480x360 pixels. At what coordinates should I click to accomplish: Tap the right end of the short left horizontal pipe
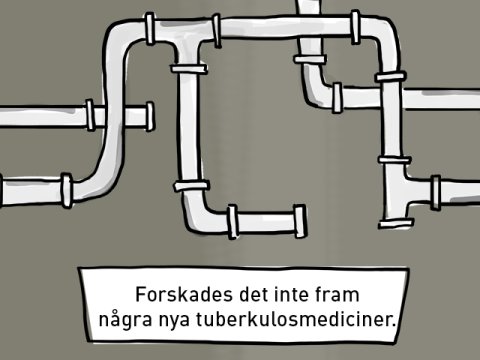coord(150,115)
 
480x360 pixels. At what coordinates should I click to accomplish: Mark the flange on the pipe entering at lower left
coord(66,189)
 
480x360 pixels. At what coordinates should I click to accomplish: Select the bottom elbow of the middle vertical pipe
coord(194,213)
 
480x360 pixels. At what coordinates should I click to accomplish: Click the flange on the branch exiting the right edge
coord(436,188)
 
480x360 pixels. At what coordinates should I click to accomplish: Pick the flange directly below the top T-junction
coord(188,68)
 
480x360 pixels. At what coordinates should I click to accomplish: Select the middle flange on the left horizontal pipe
coord(90,115)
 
